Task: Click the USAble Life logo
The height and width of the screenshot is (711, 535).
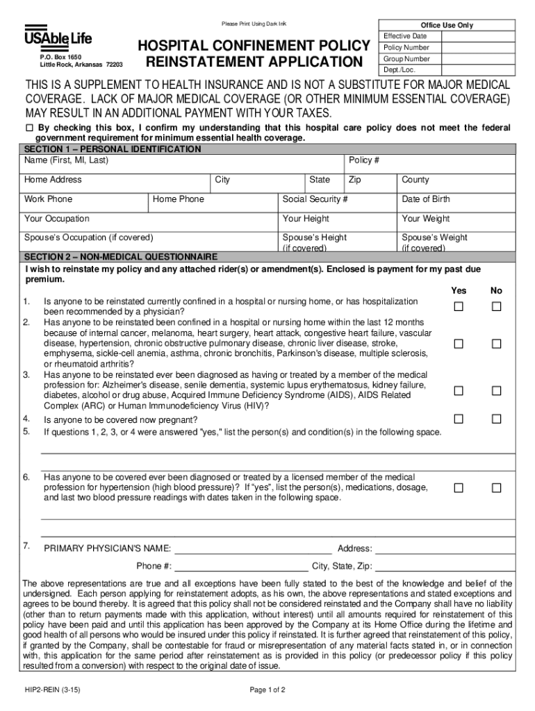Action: click(58, 37)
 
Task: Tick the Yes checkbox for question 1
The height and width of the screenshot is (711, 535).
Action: click(459, 307)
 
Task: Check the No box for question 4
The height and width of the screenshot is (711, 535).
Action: click(496, 419)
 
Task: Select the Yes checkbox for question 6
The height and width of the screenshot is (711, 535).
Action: click(459, 488)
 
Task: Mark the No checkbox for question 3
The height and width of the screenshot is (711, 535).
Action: click(496, 391)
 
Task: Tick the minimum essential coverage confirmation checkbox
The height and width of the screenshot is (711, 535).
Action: click(29, 128)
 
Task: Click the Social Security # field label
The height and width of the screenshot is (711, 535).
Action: click(315, 199)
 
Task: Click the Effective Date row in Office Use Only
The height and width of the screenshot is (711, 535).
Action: click(405, 36)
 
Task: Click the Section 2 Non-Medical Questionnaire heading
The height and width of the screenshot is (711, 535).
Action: click(121, 256)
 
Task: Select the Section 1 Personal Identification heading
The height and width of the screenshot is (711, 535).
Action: click(113, 149)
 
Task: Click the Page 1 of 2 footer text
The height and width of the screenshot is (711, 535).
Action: click(267, 690)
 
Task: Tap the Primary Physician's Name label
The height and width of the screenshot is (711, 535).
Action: click(108, 549)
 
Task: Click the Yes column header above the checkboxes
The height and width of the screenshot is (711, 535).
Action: click(459, 290)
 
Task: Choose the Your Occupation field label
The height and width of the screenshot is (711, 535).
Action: click(57, 219)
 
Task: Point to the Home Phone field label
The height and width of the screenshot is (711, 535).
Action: click(179, 199)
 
